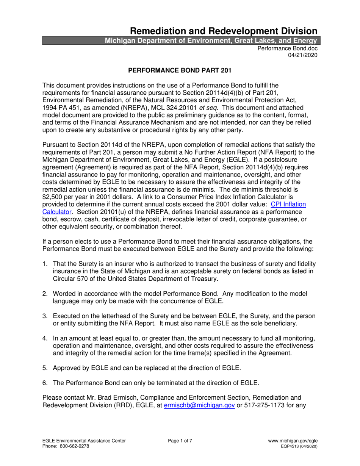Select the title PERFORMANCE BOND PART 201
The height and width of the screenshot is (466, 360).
click(x=180, y=70)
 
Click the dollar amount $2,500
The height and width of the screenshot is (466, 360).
click(x=53, y=197)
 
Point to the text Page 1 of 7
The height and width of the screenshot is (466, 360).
click(x=180, y=441)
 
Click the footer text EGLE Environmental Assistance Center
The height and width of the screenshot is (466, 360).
click(x=84, y=441)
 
